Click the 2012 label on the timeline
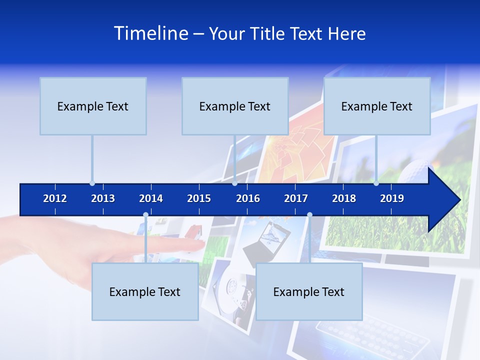tap(55, 199)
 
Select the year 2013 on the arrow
tap(103, 199)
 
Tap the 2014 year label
tap(151, 199)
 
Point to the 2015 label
tap(199, 199)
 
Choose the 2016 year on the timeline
tap(248, 199)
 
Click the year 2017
tap(296, 199)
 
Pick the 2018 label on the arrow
tap(344, 199)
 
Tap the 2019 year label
tap(392, 199)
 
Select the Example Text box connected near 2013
tap(93, 106)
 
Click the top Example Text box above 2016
tap(235, 106)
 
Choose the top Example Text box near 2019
tap(377, 106)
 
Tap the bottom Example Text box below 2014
tap(145, 292)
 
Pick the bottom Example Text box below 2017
tap(309, 292)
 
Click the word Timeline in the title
tap(150, 33)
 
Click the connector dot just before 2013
tap(92, 183)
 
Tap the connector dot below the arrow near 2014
tap(145, 215)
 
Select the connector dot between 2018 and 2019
tap(376, 183)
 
